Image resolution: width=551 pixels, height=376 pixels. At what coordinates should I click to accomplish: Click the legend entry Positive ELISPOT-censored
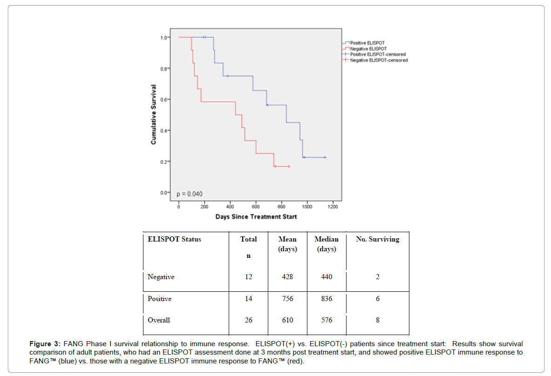[378, 54]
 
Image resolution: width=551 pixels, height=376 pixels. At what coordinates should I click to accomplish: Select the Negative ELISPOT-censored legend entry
[379, 60]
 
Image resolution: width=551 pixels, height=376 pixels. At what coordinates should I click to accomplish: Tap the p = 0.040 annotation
[190, 194]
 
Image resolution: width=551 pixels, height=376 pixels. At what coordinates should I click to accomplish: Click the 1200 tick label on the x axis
[333, 207]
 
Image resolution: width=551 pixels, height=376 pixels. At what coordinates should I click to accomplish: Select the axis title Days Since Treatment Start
[256, 217]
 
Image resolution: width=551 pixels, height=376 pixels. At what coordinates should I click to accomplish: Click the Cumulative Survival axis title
[153, 114]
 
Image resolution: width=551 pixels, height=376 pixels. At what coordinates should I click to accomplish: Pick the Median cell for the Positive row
[327, 299]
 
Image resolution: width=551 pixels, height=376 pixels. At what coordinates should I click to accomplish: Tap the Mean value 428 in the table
[287, 277]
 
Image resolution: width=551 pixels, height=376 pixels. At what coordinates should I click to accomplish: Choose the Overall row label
[159, 320]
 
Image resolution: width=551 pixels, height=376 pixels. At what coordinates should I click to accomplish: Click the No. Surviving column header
[377, 239]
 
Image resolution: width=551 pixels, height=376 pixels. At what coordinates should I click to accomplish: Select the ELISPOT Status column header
[174, 239]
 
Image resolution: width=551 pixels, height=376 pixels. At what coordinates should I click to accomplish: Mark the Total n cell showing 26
[248, 320]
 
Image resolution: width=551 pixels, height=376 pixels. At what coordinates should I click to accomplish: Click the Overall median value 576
[327, 320]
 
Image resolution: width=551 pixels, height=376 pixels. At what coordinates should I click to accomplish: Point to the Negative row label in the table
[161, 277]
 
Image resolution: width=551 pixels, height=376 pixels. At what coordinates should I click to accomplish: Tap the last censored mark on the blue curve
[325, 157]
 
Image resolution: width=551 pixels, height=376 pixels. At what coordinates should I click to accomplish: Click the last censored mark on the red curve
[289, 166]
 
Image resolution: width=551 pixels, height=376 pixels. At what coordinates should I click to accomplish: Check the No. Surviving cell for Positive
[377, 299]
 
